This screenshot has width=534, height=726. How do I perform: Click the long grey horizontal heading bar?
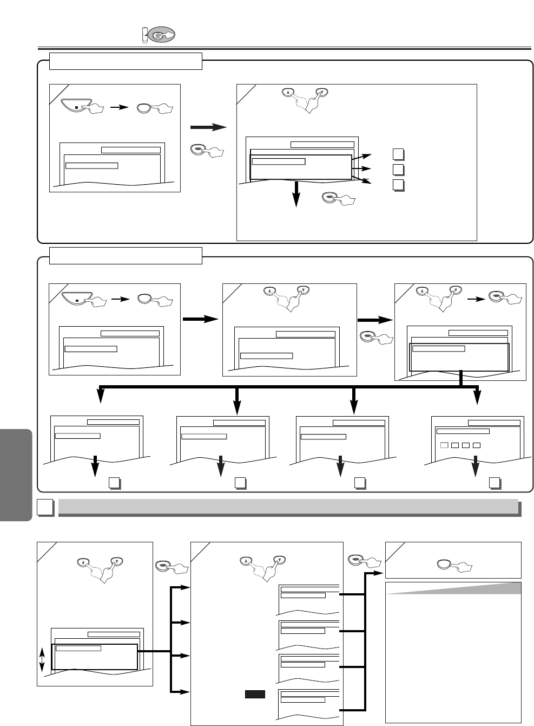coord(288,507)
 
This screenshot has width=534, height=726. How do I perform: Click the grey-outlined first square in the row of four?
coord(444,445)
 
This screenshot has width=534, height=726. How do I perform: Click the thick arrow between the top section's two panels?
coord(208,127)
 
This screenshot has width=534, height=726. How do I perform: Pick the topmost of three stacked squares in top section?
coord(398,154)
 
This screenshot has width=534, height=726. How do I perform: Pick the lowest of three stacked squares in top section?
coord(398,185)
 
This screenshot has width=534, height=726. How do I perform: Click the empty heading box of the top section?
coord(126,61)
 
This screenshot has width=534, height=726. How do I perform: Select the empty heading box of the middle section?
coord(126,255)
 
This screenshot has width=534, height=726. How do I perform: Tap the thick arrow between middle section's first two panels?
coord(201,320)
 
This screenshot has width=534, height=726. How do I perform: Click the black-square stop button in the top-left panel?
coord(76,107)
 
